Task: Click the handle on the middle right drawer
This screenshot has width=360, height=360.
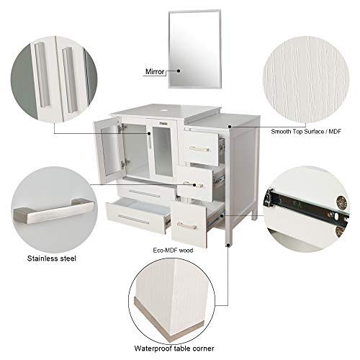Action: pyautogui.click(x=197, y=179)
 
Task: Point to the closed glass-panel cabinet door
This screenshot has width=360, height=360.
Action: pyautogui.click(x=161, y=152)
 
